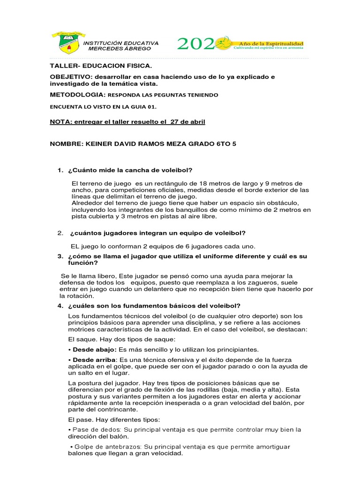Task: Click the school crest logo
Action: click(68, 44)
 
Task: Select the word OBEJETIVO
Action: click(70, 76)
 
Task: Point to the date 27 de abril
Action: click(187, 122)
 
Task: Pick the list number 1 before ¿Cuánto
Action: click(60, 170)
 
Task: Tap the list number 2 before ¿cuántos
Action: click(60, 233)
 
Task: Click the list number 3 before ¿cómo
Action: click(60, 256)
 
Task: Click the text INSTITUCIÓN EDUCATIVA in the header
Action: click(121, 43)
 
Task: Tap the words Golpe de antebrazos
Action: click(107, 447)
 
